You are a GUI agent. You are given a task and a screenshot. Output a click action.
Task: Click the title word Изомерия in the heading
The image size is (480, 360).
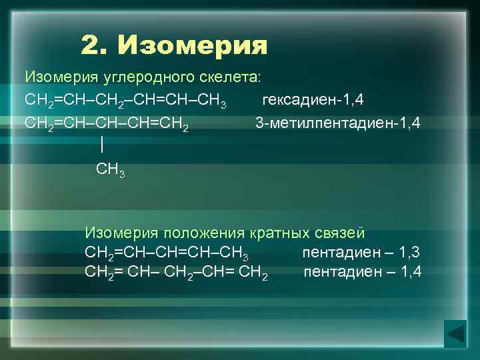(x=193, y=46)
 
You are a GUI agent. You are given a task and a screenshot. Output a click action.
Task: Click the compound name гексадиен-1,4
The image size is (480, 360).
(x=313, y=100)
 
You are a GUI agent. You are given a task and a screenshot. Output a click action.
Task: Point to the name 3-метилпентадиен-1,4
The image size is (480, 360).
(x=338, y=123)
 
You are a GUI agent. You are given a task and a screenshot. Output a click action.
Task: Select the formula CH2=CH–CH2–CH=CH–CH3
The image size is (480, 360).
(x=125, y=101)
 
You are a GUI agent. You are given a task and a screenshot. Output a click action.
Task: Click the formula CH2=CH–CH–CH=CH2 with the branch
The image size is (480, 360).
(x=106, y=124)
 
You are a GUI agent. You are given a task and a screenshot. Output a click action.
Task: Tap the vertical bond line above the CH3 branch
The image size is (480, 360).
(x=101, y=145)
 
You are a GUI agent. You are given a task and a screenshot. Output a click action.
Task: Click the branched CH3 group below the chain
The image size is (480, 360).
(x=110, y=170)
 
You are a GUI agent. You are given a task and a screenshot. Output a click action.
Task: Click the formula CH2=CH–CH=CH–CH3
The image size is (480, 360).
(x=167, y=253)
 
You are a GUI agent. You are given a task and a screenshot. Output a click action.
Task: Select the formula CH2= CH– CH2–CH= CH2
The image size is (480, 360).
(x=177, y=273)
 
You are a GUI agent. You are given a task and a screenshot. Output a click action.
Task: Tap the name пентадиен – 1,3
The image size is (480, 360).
(x=361, y=253)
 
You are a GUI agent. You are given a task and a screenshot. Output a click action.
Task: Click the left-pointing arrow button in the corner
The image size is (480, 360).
(x=455, y=333)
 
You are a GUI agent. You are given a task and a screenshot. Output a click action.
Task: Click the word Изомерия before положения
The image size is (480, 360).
(x=121, y=233)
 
